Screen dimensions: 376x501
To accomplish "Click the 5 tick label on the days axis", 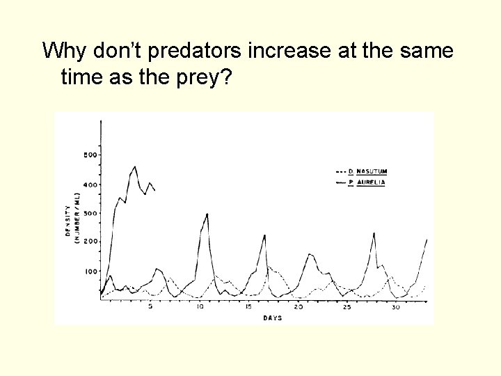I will click(x=151, y=307).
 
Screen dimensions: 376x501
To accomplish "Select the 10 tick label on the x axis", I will click(x=200, y=307).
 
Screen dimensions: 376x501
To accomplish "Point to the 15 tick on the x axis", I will click(x=248, y=307).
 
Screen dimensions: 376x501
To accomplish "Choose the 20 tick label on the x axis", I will click(x=298, y=307).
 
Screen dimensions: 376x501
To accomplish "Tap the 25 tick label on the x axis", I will click(x=347, y=307).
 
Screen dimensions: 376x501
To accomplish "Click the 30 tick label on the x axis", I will click(x=395, y=307).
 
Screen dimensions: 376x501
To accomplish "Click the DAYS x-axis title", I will click(x=273, y=318).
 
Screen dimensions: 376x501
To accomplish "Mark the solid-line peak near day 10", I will click(x=207, y=214).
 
